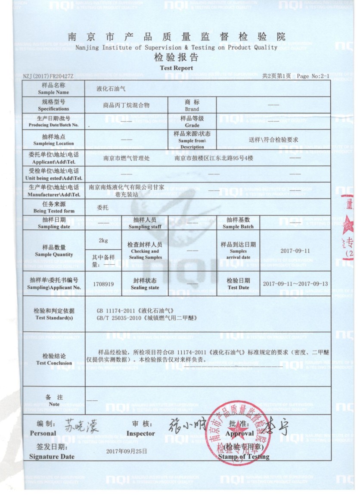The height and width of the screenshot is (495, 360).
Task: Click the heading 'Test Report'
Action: (x=176, y=68)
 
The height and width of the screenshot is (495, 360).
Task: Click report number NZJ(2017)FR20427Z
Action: (x=49, y=76)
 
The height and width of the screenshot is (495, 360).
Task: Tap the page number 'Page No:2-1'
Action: (x=313, y=76)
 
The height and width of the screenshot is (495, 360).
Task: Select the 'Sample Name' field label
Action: (x=53, y=92)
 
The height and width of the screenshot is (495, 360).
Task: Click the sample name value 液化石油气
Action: (x=111, y=89)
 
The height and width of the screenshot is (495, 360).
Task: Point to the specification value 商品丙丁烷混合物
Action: (x=126, y=105)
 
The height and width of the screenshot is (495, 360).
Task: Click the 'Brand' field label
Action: (x=192, y=109)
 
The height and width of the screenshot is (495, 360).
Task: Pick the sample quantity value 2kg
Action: (x=103, y=240)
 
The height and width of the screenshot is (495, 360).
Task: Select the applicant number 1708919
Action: (x=103, y=284)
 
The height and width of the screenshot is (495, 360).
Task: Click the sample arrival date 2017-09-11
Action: (x=295, y=251)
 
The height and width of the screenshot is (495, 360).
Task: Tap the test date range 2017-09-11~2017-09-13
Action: (x=295, y=284)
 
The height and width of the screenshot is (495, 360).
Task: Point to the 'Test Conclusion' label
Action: (x=54, y=363)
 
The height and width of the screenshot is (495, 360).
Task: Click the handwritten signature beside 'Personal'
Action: (x=82, y=426)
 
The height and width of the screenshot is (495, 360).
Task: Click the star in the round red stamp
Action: (x=236, y=428)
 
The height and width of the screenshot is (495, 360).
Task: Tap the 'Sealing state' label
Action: (x=145, y=288)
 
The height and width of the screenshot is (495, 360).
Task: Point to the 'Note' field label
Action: (x=54, y=404)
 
